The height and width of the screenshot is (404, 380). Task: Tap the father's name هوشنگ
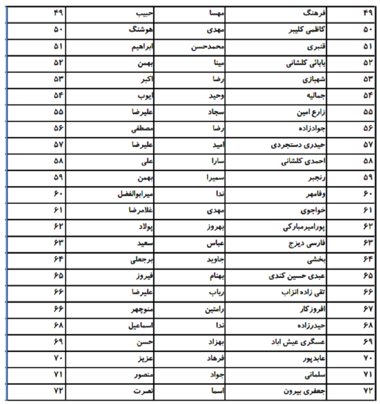141,29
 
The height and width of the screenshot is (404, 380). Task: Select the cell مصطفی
142,127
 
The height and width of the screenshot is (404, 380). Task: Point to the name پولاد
144,225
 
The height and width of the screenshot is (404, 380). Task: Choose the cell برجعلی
142,258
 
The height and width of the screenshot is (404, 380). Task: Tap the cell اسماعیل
141,323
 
